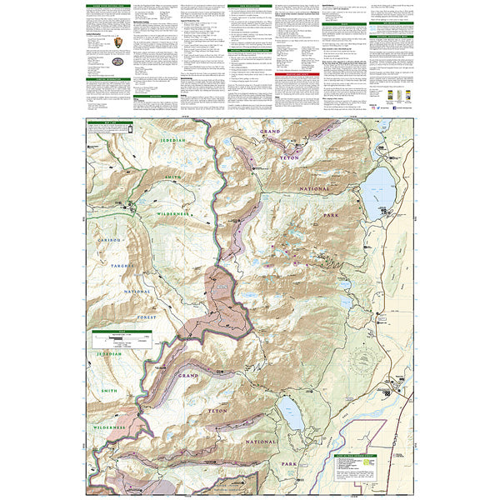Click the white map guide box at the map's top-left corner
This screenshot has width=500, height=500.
[x=106, y=134]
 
